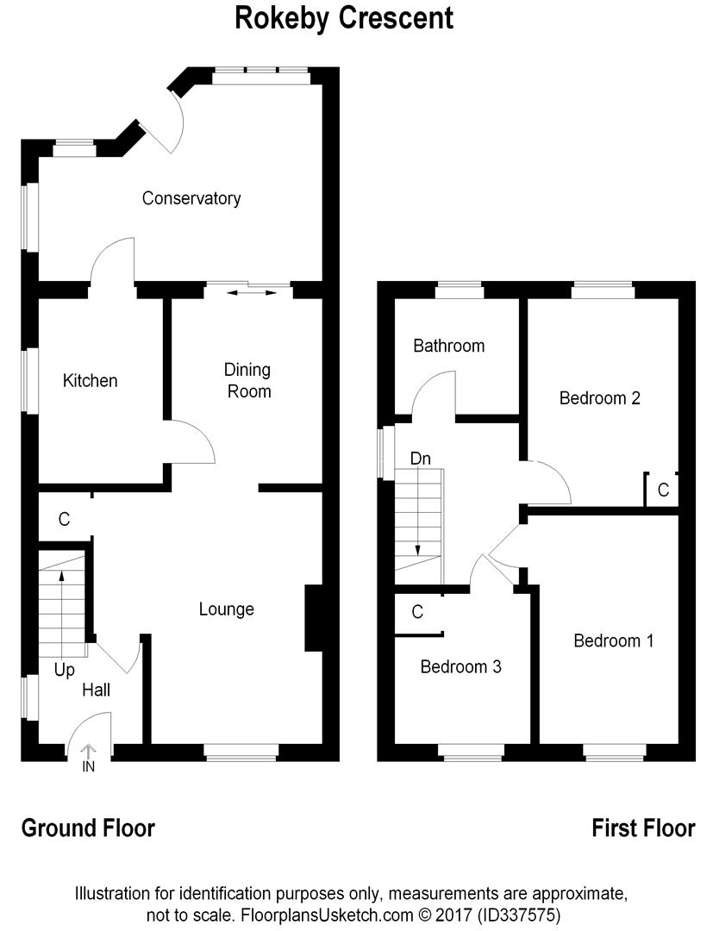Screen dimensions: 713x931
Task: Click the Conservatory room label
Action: (191, 198)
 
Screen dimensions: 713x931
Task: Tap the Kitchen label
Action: (91, 381)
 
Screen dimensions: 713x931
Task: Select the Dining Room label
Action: (248, 381)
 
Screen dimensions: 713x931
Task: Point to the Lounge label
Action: (226, 609)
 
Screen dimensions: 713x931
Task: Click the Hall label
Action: (97, 690)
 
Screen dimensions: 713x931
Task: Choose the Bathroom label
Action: (449, 346)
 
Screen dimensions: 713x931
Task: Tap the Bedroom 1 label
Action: (614, 640)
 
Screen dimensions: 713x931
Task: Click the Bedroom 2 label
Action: (599, 397)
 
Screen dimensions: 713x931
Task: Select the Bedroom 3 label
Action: (460, 666)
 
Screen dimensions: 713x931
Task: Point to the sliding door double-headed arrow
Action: (252, 293)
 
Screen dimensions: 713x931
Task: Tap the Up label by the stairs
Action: (64, 671)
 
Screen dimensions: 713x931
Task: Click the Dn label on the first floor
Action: (421, 459)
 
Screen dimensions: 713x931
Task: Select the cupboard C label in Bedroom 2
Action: (664, 490)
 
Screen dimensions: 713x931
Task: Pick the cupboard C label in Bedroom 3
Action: (417, 612)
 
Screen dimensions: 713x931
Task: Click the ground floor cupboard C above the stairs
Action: (64, 520)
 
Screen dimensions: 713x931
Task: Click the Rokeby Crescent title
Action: (344, 18)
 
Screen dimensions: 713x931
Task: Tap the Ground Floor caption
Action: (88, 828)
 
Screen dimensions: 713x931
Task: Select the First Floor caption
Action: (643, 828)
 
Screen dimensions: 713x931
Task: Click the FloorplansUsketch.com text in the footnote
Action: (326, 915)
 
